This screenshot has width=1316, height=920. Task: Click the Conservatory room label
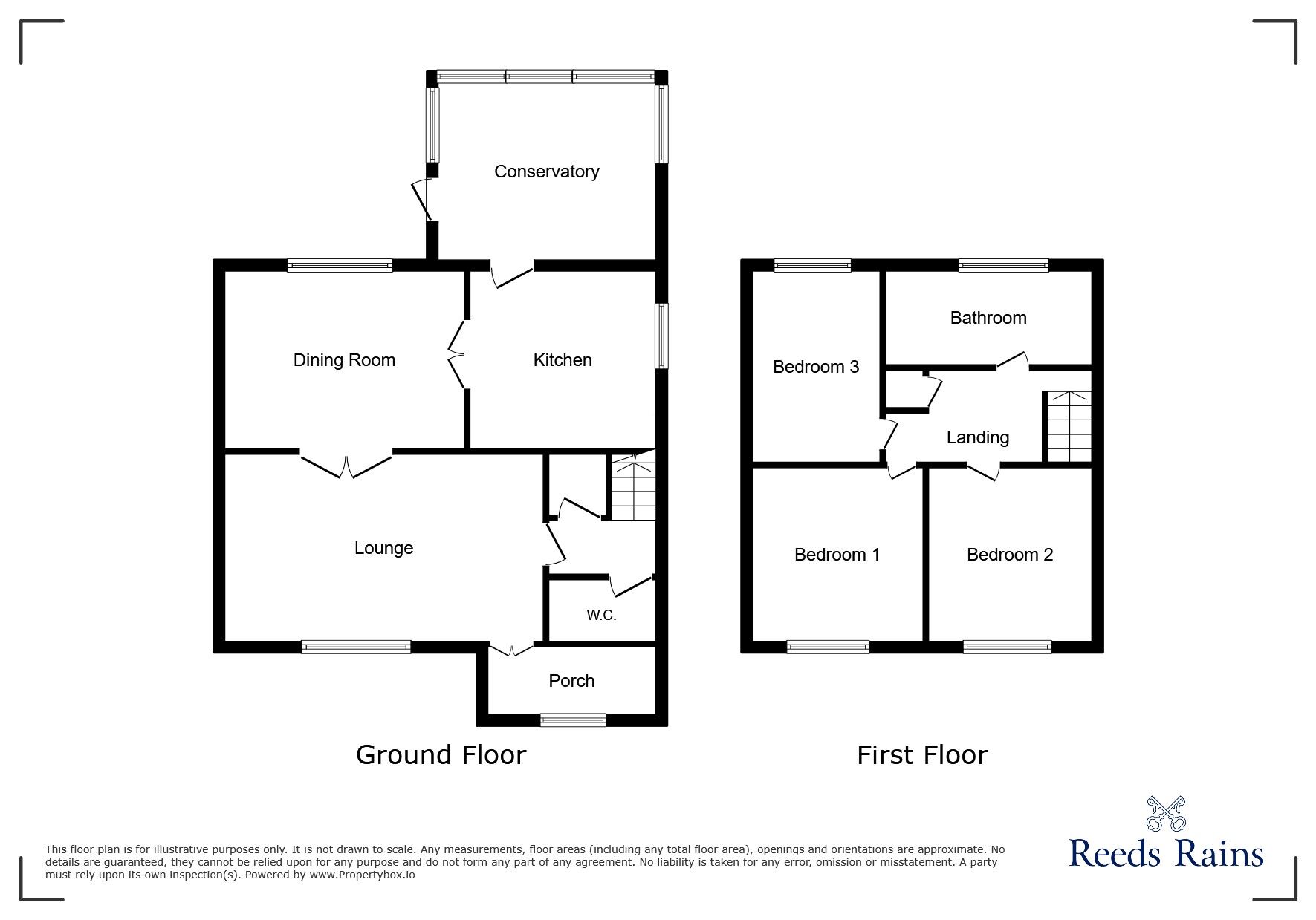coord(546,172)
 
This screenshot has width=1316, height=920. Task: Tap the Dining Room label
coord(344,361)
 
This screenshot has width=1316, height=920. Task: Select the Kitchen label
coord(563,360)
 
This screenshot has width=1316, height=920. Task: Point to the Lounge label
coord(383,549)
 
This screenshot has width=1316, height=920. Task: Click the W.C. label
coord(601,616)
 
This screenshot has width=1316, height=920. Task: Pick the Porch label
coord(571,681)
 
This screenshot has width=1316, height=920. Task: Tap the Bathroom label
coord(988,318)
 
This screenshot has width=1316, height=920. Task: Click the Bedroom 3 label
coord(816,367)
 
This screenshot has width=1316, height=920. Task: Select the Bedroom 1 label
coord(837,555)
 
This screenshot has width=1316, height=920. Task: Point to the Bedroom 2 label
coord(1010,555)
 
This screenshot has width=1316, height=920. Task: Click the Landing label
coord(978,438)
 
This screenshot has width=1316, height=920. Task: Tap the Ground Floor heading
coord(441,755)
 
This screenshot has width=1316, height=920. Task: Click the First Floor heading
coord(922,755)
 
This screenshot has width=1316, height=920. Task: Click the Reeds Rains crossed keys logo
coord(1167,814)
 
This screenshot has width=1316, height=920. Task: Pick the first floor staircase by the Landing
coord(1069,426)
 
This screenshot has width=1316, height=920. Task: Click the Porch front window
coord(573,720)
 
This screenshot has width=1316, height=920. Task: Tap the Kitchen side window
coord(661,336)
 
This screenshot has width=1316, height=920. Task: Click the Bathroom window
coord(1004,265)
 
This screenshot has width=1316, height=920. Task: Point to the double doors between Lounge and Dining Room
coord(346,463)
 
